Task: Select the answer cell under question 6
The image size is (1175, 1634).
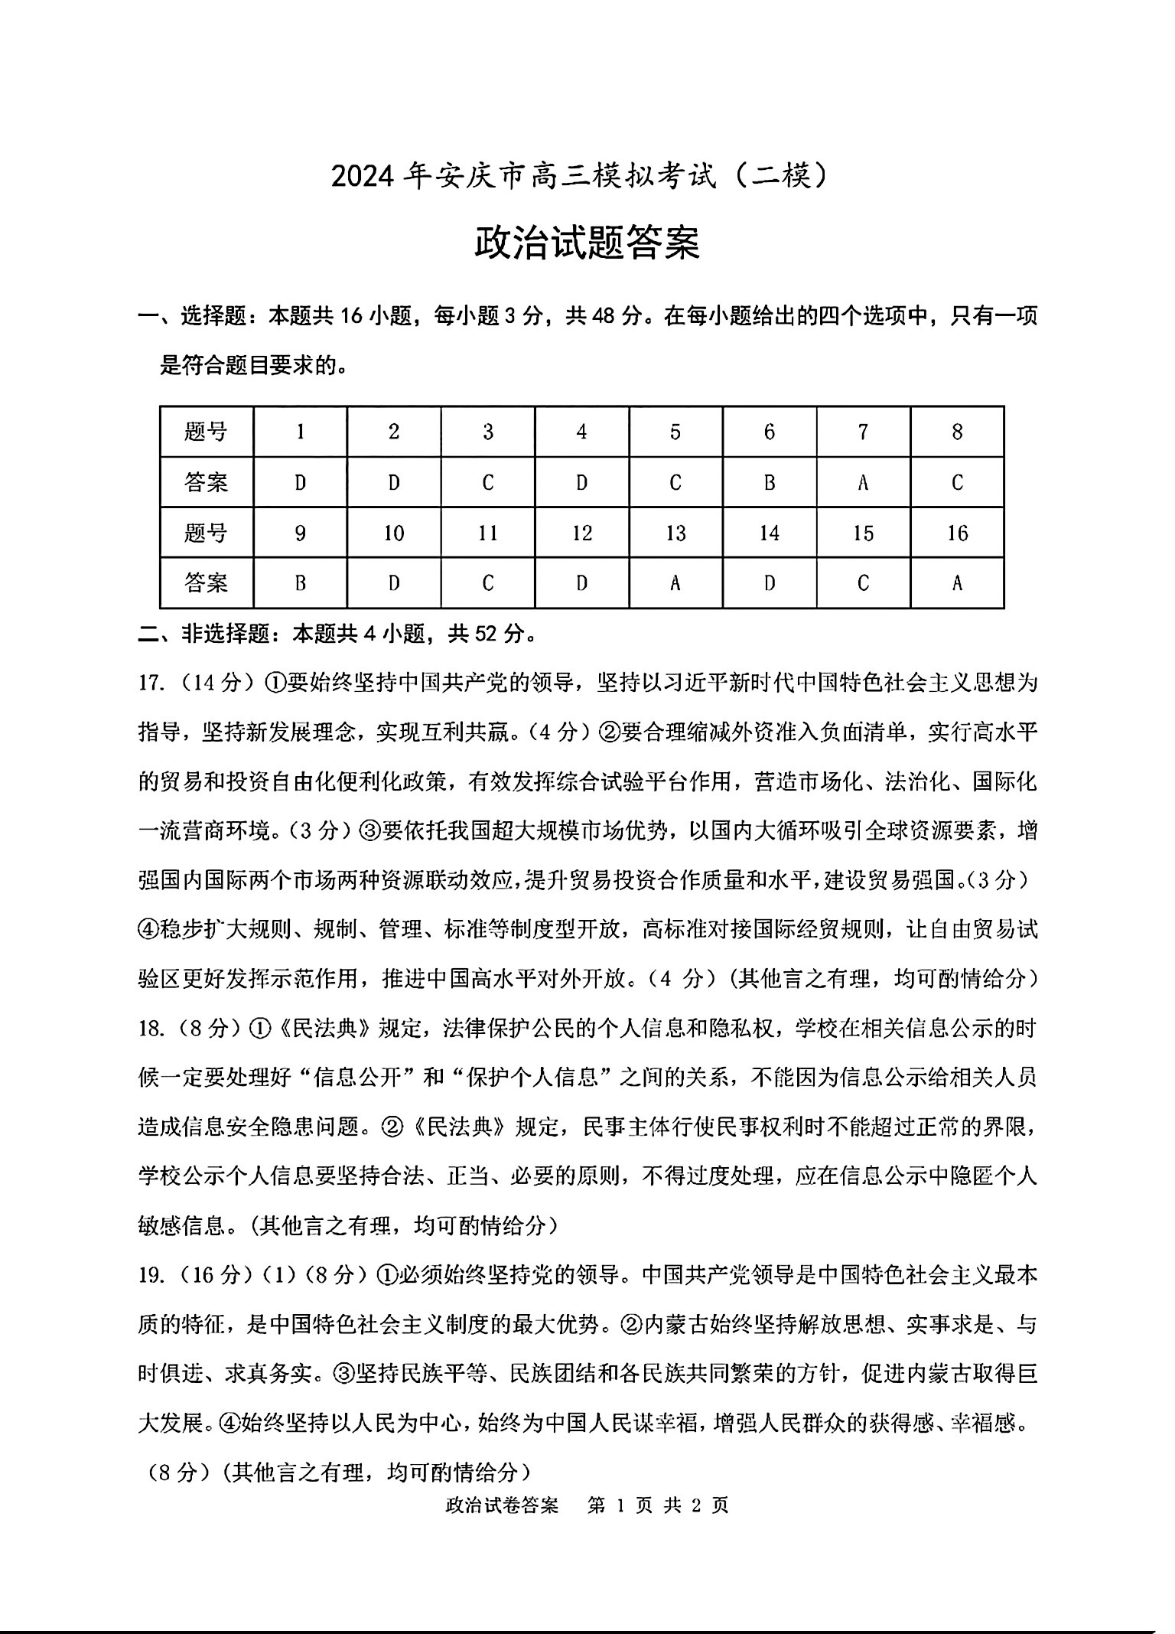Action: tap(770, 482)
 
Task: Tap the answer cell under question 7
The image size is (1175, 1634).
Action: tap(863, 482)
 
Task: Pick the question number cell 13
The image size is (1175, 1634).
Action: tap(675, 533)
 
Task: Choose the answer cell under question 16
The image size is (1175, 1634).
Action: tap(957, 583)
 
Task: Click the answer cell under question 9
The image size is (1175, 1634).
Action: tap(300, 583)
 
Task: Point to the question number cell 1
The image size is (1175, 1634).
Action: tap(300, 432)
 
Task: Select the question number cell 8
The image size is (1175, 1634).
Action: tap(957, 432)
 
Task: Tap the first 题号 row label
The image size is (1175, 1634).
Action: tap(207, 432)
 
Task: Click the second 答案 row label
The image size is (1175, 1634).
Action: tap(207, 583)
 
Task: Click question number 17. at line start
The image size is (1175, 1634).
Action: tap(151, 682)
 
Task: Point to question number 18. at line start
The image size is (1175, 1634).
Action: tap(151, 1029)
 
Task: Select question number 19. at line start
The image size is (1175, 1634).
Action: tap(151, 1275)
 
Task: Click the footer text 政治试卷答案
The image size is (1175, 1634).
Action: tap(501, 1505)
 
